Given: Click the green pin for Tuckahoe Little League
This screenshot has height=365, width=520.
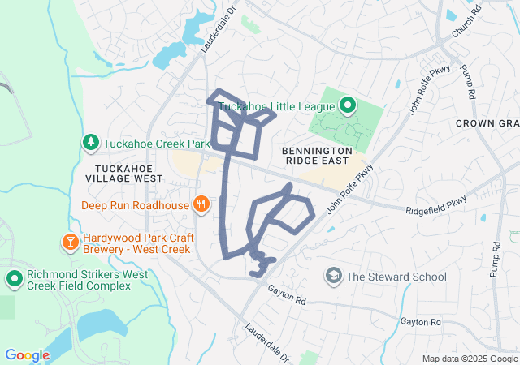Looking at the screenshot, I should (x=348, y=105).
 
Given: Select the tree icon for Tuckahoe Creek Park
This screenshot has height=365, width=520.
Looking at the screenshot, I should (x=90, y=143).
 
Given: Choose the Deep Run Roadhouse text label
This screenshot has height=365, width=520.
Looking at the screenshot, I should (x=135, y=205).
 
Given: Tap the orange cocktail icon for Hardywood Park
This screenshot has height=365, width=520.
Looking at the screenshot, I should (x=70, y=242).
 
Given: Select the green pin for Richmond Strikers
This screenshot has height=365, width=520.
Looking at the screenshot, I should (x=14, y=280).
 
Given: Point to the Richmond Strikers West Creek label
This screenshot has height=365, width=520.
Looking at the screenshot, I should (x=88, y=280).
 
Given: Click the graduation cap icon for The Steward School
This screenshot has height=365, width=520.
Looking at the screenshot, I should (x=333, y=277).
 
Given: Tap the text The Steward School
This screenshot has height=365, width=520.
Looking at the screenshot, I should (x=396, y=277).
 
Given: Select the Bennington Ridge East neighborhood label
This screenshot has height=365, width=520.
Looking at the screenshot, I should (x=317, y=157).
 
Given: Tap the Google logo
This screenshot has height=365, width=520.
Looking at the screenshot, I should (x=27, y=354).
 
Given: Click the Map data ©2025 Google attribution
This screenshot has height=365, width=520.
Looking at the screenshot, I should (x=469, y=359).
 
